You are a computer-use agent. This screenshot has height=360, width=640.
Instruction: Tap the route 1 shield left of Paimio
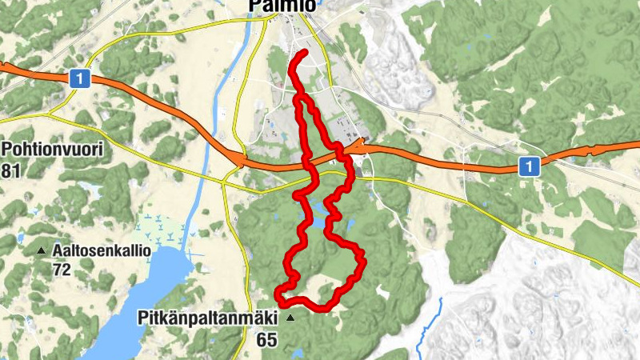click(x=78, y=78)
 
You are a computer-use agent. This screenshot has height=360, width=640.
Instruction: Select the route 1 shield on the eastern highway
click(x=528, y=166)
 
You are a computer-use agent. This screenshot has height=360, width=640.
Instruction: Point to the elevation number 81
click(x=10, y=170)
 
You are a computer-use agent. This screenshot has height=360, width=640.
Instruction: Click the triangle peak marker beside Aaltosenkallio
click(x=42, y=251)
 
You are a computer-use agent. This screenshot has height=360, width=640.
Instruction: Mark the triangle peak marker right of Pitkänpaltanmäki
click(x=290, y=318)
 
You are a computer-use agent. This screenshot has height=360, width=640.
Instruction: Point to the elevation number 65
click(x=266, y=340)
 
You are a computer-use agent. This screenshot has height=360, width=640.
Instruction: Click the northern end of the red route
click(x=305, y=53)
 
